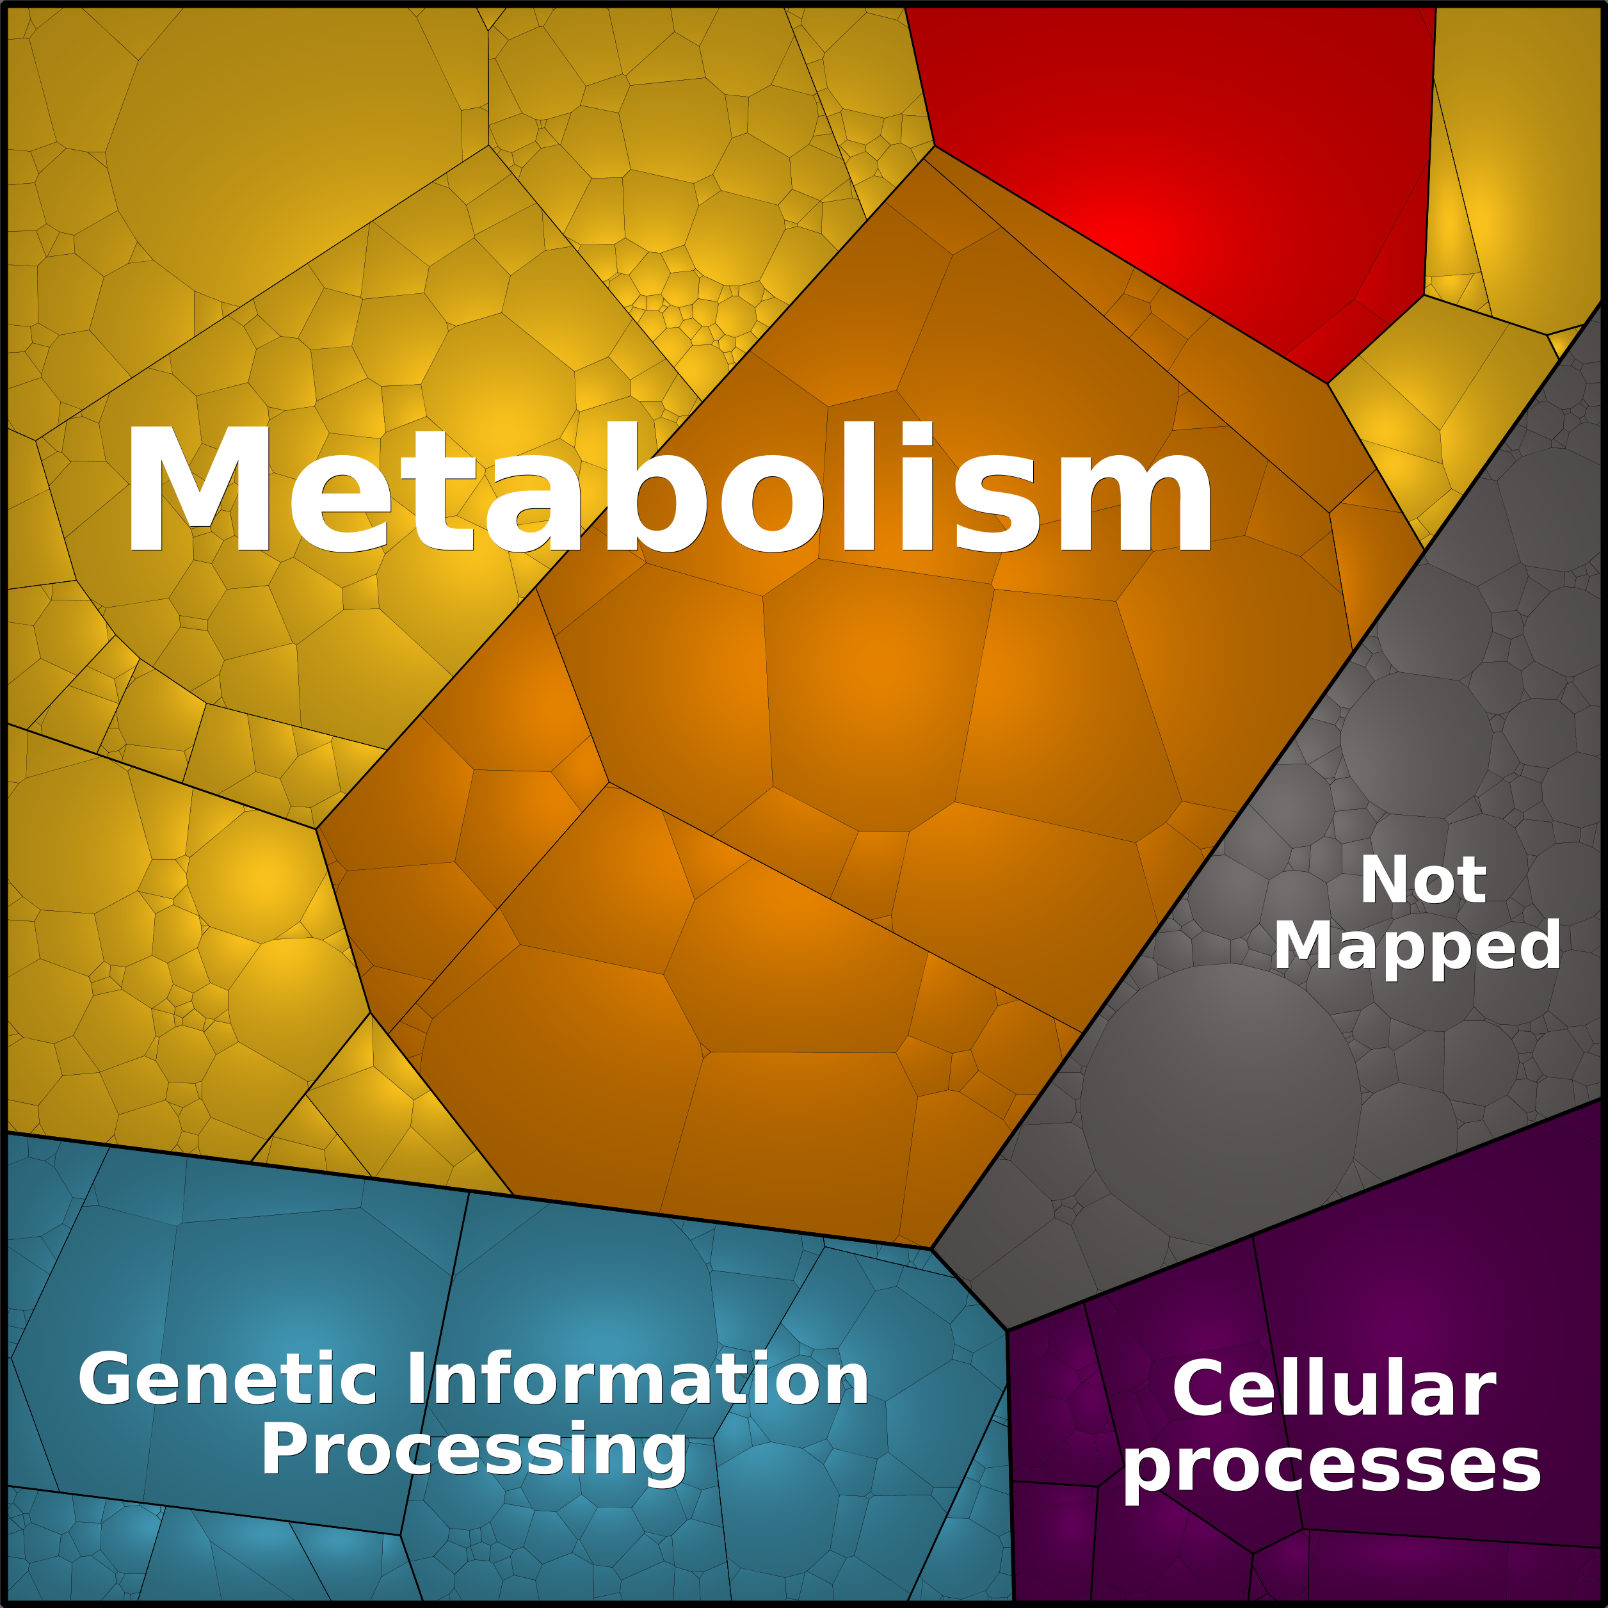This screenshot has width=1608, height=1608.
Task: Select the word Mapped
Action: pos(1417,949)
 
